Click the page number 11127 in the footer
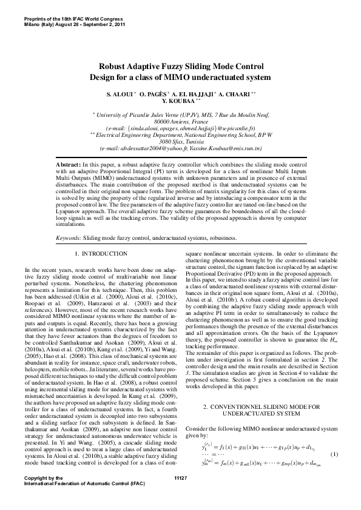tap(180, 495)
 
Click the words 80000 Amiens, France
tap(180, 121)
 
